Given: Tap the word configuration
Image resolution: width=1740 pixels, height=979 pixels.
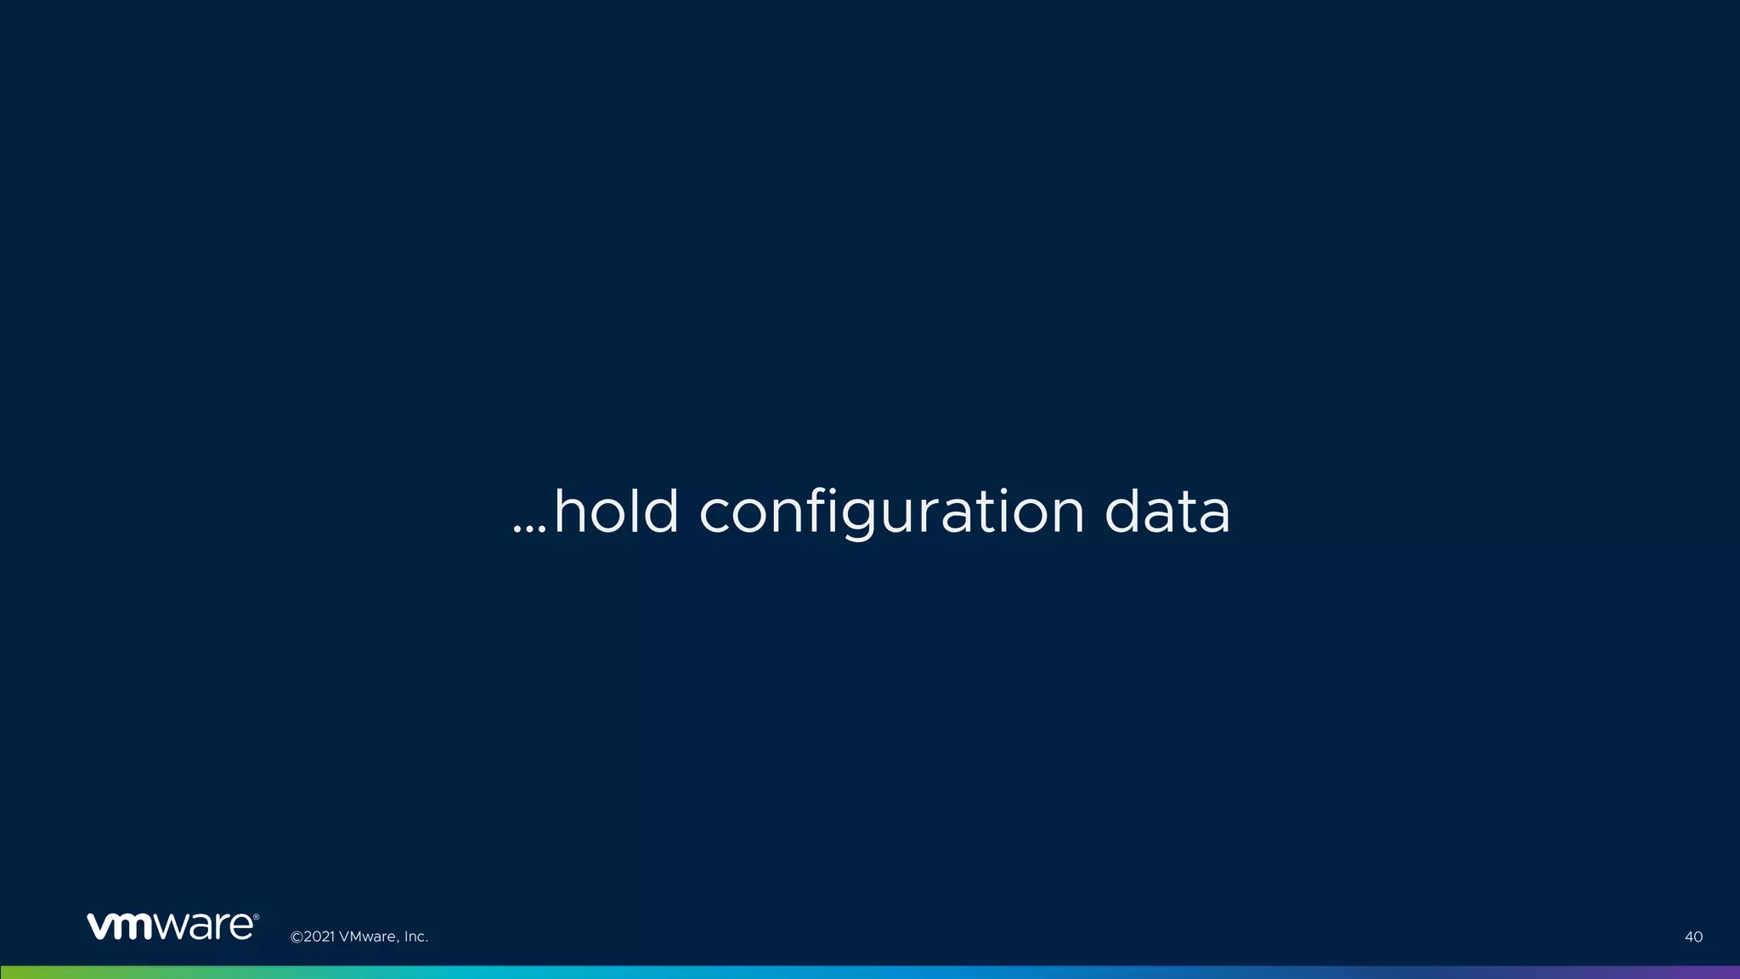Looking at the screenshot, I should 891,513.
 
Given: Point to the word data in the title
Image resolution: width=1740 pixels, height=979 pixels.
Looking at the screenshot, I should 1167,512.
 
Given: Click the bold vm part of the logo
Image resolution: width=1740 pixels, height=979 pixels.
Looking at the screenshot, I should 120,926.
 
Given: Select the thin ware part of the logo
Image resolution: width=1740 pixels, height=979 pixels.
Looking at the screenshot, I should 203,926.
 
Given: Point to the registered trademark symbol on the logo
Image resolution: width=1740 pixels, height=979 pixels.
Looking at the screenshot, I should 256,917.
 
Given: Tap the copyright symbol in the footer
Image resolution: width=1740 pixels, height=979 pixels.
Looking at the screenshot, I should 297,937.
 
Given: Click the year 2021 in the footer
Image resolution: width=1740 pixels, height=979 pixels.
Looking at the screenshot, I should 319,937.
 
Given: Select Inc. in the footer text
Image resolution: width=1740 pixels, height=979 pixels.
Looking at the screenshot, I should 415,937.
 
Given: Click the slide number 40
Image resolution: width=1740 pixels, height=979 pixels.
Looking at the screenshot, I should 1693,937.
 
